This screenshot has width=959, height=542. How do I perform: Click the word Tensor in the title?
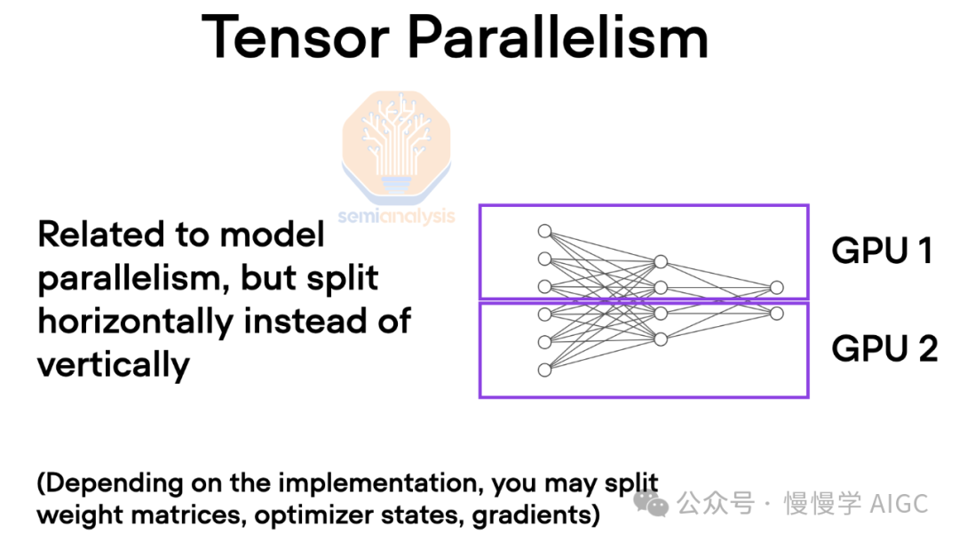click(x=296, y=37)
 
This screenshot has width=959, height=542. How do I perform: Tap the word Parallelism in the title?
click(x=558, y=36)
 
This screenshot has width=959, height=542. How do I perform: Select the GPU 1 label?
click(x=882, y=251)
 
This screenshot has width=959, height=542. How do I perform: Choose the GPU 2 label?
click(x=884, y=348)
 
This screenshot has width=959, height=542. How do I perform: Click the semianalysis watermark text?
click(x=396, y=216)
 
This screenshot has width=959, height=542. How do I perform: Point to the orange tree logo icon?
click(x=396, y=147)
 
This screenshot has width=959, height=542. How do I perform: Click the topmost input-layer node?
click(x=544, y=231)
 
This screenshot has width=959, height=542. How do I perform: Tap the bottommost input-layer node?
click(x=544, y=371)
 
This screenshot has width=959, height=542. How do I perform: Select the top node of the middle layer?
click(x=661, y=262)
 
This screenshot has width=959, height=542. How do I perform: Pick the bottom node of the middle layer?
click(x=661, y=339)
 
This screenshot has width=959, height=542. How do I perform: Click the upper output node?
click(x=777, y=288)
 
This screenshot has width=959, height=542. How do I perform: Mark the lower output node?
click(x=777, y=314)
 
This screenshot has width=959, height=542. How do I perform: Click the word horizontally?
click(x=135, y=323)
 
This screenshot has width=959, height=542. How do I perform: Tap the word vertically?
click(x=114, y=366)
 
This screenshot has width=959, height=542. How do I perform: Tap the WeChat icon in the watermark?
click(x=651, y=503)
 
